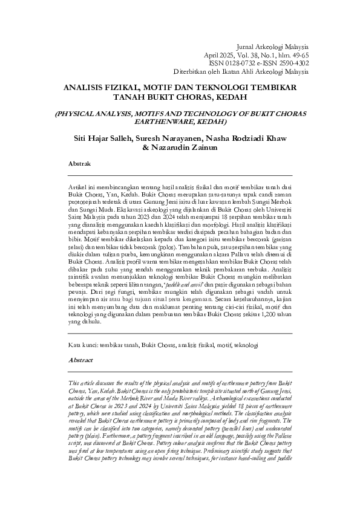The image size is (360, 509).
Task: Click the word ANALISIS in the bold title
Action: pos(85,87)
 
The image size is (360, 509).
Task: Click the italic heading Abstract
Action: pos(81,359)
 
